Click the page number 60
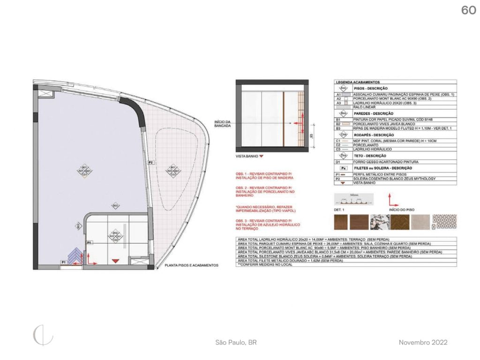click(468, 10)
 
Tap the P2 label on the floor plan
click(151, 162)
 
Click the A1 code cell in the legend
click(338, 95)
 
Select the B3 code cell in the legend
click(338, 127)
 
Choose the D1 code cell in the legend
click(338, 162)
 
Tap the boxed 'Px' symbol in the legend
click(344, 168)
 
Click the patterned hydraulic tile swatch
click(443, 222)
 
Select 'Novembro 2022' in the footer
click(423, 343)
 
